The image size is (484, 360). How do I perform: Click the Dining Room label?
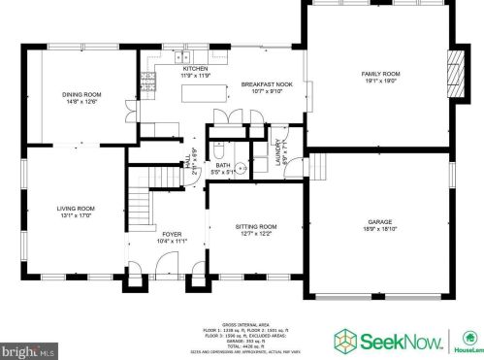(x=83, y=94)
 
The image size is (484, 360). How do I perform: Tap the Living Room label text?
(x=74, y=209)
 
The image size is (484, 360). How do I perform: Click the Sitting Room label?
(x=256, y=226)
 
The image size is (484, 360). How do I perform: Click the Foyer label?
(x=171, y=234)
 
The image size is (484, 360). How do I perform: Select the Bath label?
(x=223, y=166)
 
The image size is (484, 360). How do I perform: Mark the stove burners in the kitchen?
(x=150, y=76)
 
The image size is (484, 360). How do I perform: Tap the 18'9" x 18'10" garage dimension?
(x=379, y=227)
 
